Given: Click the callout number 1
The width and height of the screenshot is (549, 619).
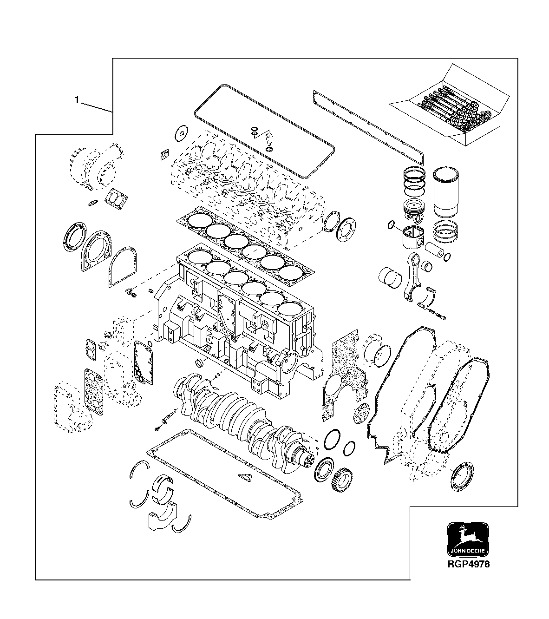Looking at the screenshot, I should [77, 99].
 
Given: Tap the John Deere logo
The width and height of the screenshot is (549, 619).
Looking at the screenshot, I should [467, 539].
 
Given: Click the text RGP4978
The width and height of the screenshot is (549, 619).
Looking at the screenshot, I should [467, 564].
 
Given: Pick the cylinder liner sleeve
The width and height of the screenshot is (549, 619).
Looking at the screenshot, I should [445, 192].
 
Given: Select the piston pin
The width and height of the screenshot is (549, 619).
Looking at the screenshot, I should [435, 251].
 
